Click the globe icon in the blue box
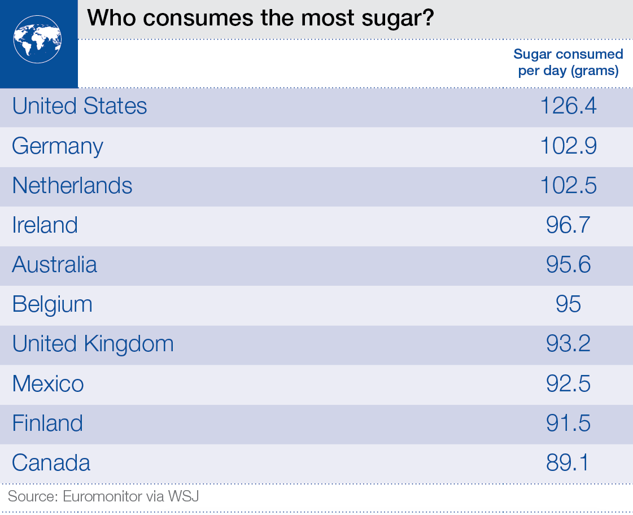tap(38, 39)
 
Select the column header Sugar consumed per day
tap(568, 62)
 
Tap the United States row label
tap(80, 106)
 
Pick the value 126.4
tap(568, 106)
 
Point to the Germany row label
tap(58, 146)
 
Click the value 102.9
tap(568, 146)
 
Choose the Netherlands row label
tap(72, 186)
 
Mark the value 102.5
tap(568, 186)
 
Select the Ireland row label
tap(45, 225)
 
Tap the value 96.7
tap(568, 225)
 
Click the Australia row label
tap(55, 265)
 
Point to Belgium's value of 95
tap(568, 304)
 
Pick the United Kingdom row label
tap(93, 344)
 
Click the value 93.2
tap(568, 344)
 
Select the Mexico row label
tap(48, 384)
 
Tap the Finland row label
tap(47, 424)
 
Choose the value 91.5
tap(568, 424)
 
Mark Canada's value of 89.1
tap(568, 463)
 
